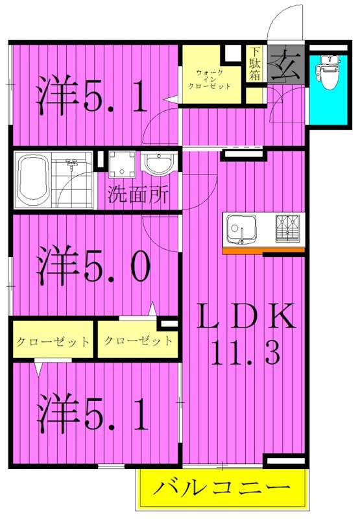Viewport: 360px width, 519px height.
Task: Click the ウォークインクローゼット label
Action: coord(213,78)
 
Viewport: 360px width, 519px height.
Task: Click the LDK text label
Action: coord(246,317)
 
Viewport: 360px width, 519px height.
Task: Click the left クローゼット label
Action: coord(53,341)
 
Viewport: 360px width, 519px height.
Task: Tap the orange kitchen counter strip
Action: coord(263,250)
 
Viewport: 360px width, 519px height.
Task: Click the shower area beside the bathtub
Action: coord(73,178)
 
